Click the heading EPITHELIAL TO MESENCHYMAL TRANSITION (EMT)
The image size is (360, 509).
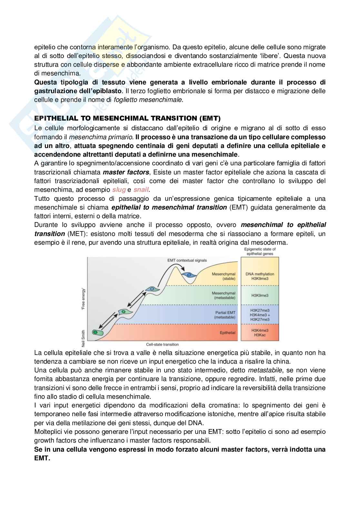click(127, 118)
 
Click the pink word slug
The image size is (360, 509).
click(119, 190)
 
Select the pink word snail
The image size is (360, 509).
click(141, 190)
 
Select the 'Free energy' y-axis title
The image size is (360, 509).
click(84, 299)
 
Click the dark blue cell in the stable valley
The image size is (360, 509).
click(189, 275)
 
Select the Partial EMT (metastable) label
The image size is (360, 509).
click(225, 315)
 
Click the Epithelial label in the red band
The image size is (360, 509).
click(227, 333)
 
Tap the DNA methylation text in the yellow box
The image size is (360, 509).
click(260, 274)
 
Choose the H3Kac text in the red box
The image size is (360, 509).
click(260, 335)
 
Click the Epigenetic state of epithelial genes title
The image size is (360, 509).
click(260, 251)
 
